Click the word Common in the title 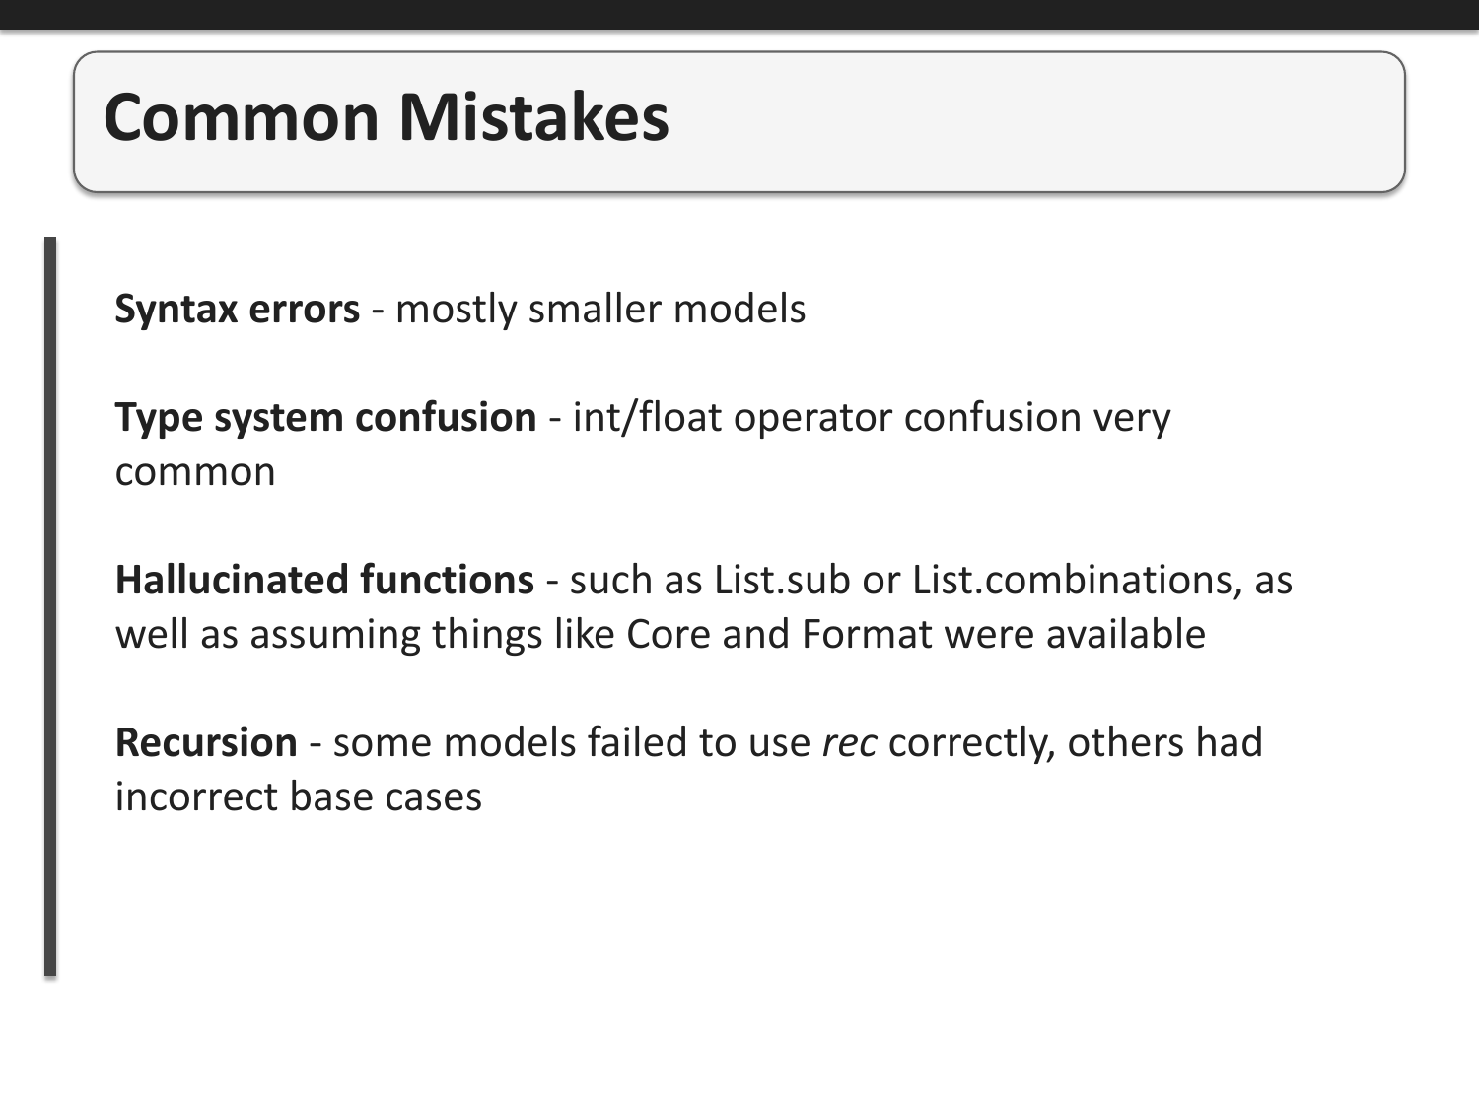(241, 117)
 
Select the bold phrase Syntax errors (237, 310)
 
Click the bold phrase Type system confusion (325, 418)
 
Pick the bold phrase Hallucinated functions (324, 581)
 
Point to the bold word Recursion (206, 743)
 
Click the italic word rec (849, 743)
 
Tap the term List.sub (782, 581)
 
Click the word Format (867, 635)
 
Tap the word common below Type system (195, 472)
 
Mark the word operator (812, 418)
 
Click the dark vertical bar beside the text (50, 606)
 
